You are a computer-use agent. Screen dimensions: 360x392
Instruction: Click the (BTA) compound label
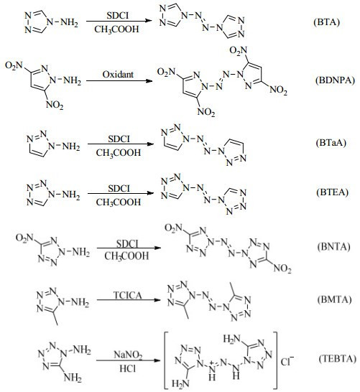(x=326, y=22)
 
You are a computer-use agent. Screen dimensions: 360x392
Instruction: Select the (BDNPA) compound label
(x=335, y=80)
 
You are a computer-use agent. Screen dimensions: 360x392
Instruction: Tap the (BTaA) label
(x=331, y=142)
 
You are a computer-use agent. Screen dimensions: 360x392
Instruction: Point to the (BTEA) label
(x=332, y=192)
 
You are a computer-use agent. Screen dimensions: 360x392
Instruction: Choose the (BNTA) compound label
(x=333, y=246)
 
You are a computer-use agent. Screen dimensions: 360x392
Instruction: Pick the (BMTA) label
(x=334, y=299)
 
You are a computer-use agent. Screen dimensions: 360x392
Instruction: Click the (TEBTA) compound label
(x=337, y=359)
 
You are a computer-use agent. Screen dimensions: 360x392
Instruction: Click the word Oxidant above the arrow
(x=118, y=74)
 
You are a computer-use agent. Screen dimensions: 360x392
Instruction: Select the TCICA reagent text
(x=128, y=295)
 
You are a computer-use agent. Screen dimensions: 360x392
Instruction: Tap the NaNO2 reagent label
(x=128, y=355)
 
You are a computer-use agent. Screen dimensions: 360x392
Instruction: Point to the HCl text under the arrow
(x=128, y=368)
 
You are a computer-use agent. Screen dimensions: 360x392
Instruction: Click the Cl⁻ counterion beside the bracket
(x=287, y=361)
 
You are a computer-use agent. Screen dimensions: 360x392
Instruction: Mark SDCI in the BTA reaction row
(x=118, y=16)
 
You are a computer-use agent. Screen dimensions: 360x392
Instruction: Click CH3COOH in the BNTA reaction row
(x=126, y=256)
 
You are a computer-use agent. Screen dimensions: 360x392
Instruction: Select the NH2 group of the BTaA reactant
(x=71, y=146)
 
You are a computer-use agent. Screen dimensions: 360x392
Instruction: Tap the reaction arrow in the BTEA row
(x=120, y=193)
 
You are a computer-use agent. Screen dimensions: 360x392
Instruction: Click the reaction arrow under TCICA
(x=129, y=300)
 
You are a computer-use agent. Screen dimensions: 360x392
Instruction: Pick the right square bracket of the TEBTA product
(x=276, y=360)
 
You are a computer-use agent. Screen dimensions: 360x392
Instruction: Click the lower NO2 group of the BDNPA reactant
(x=55, y=105)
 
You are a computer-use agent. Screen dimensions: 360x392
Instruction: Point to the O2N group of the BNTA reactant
(x=24, y=238)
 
